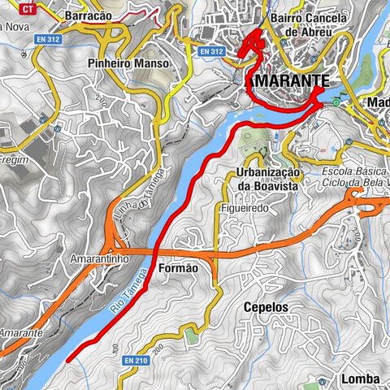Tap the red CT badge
tap(28, 10)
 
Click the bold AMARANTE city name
tap(288, 81)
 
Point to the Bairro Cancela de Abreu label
tap(306, 24)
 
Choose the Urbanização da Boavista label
tap(267, 180)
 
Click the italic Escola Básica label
tap(355, 173)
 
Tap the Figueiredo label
tap(243, 208)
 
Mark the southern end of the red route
tap(67, 358)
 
